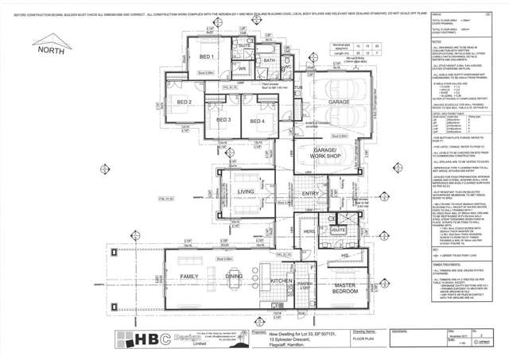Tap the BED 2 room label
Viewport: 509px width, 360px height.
click(x=185, y=103)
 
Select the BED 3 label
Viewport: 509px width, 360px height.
click(x=224, y=120)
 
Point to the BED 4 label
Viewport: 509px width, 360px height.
click(x=255, y=120)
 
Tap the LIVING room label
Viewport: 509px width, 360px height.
click(x=245, y=192)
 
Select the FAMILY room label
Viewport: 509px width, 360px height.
click(x=188, y=277)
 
